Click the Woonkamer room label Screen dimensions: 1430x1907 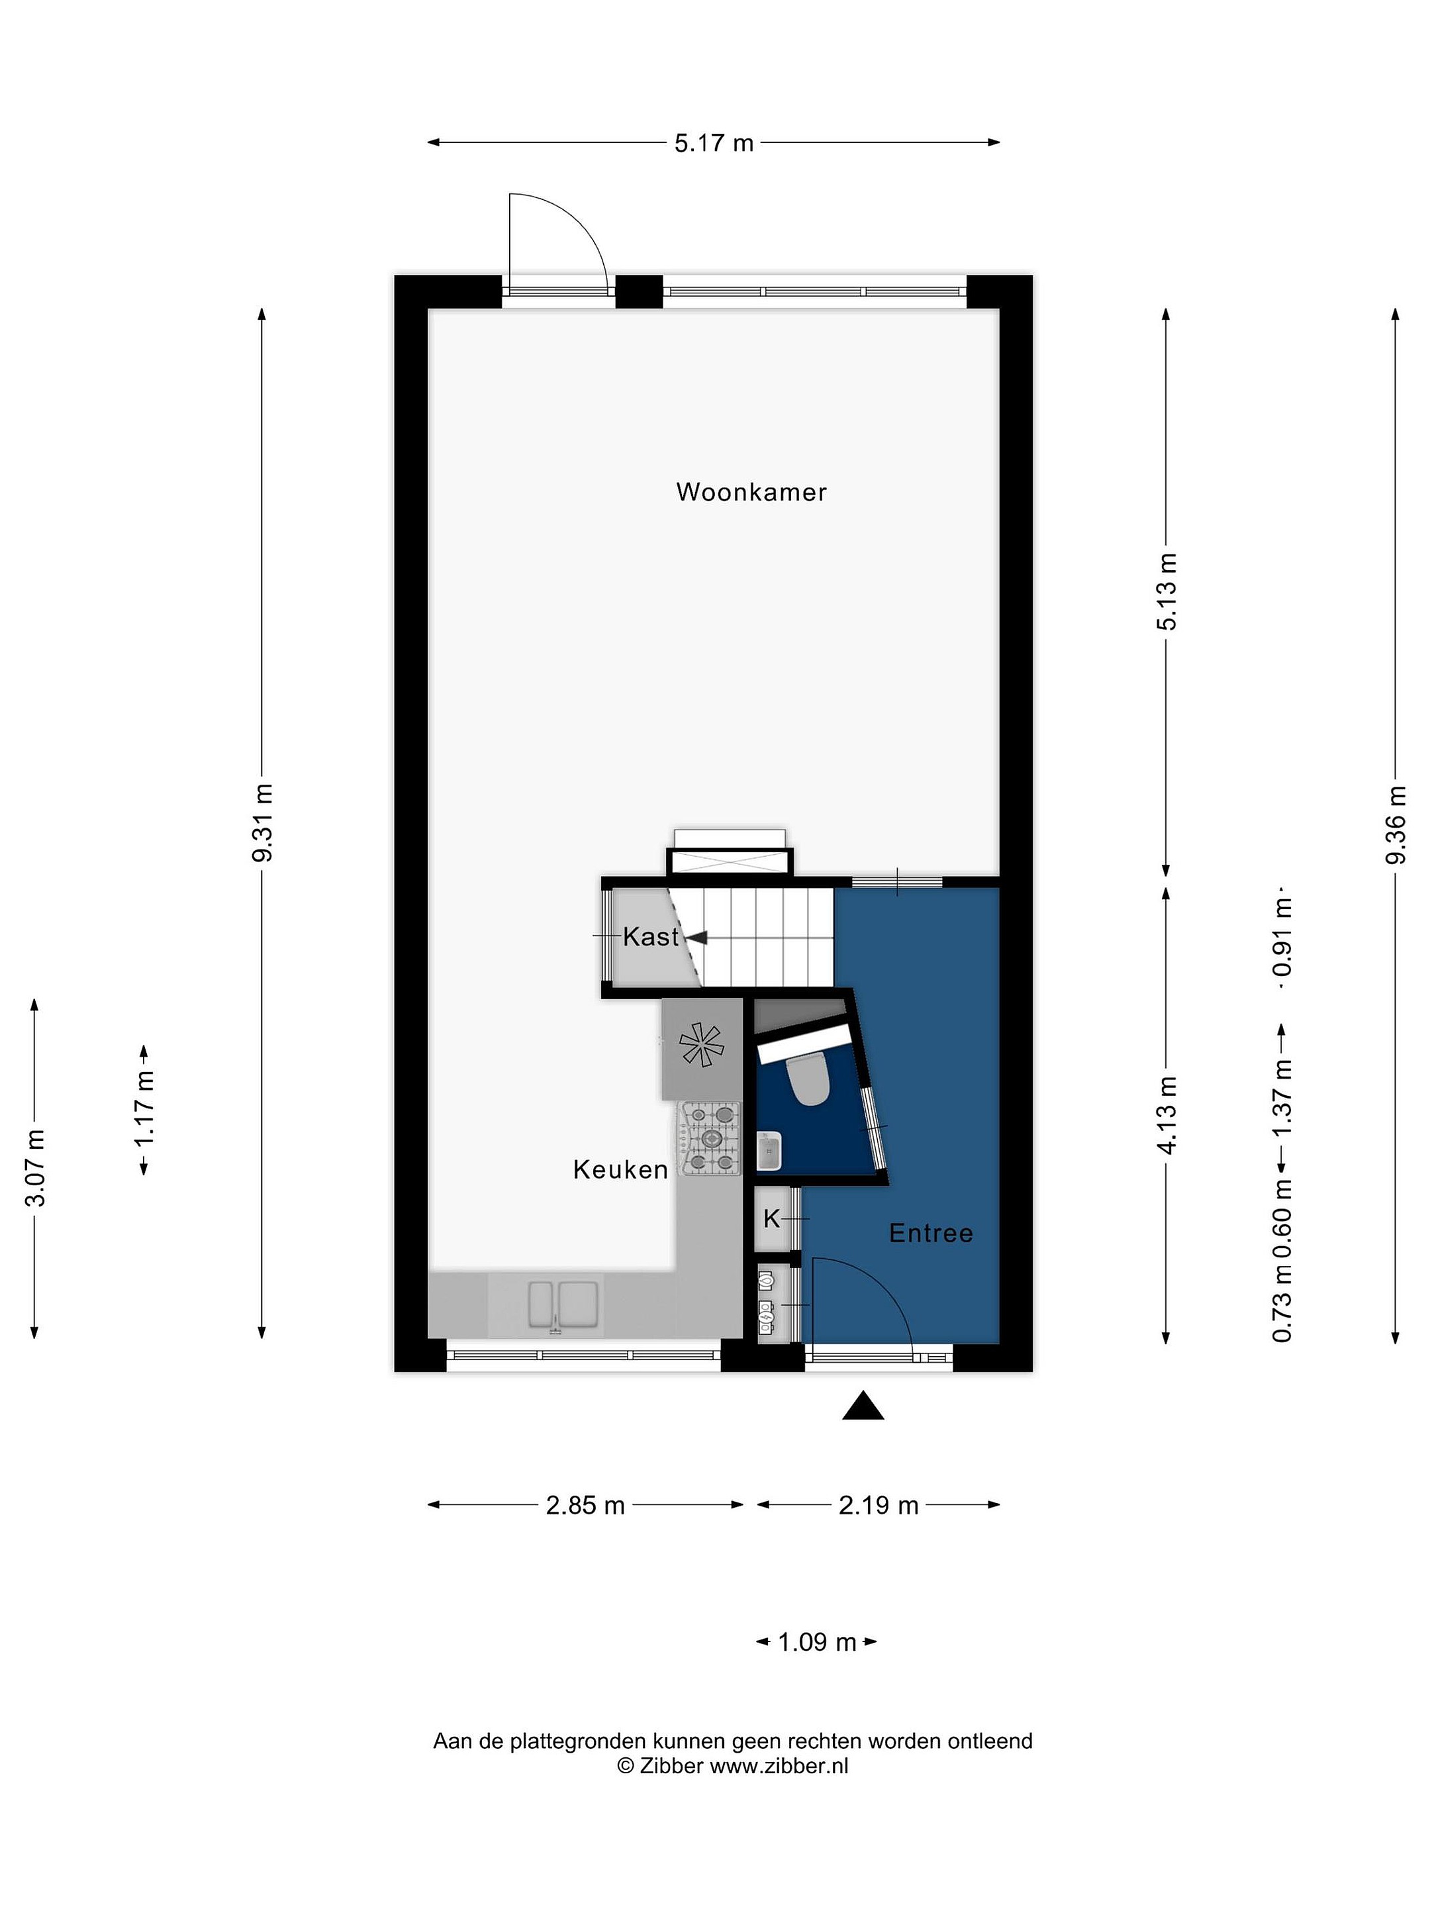click(x=751, y=492)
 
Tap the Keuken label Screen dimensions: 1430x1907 click(x=620, y=1170)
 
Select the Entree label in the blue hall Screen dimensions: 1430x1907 click(x=931, y=1234)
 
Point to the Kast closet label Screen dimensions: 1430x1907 click(x=651, y=937)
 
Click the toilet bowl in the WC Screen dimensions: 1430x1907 click(x=808, y=1080)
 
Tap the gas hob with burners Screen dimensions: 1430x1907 click(x=710, y=1139)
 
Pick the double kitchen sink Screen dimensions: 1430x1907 click(x=563, y=1304)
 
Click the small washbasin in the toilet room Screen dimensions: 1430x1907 click(x=769, y=1150)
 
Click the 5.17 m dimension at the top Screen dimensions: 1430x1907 click(x=714, y=143)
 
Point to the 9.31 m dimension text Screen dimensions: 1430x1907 click(x=262, y=822)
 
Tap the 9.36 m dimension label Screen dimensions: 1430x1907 click(x=1396, y=825)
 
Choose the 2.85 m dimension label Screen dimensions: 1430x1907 click(x=585, y=1505)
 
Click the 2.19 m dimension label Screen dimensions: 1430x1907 click(x=879, y=1505)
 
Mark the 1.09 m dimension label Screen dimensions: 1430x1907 click(x=816, y=1642)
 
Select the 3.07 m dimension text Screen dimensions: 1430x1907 click(x=34, y=1167)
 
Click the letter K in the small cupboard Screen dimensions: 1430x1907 click(x=771, y=1219)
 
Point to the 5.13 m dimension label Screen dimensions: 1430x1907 click(x=1167, y=591)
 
